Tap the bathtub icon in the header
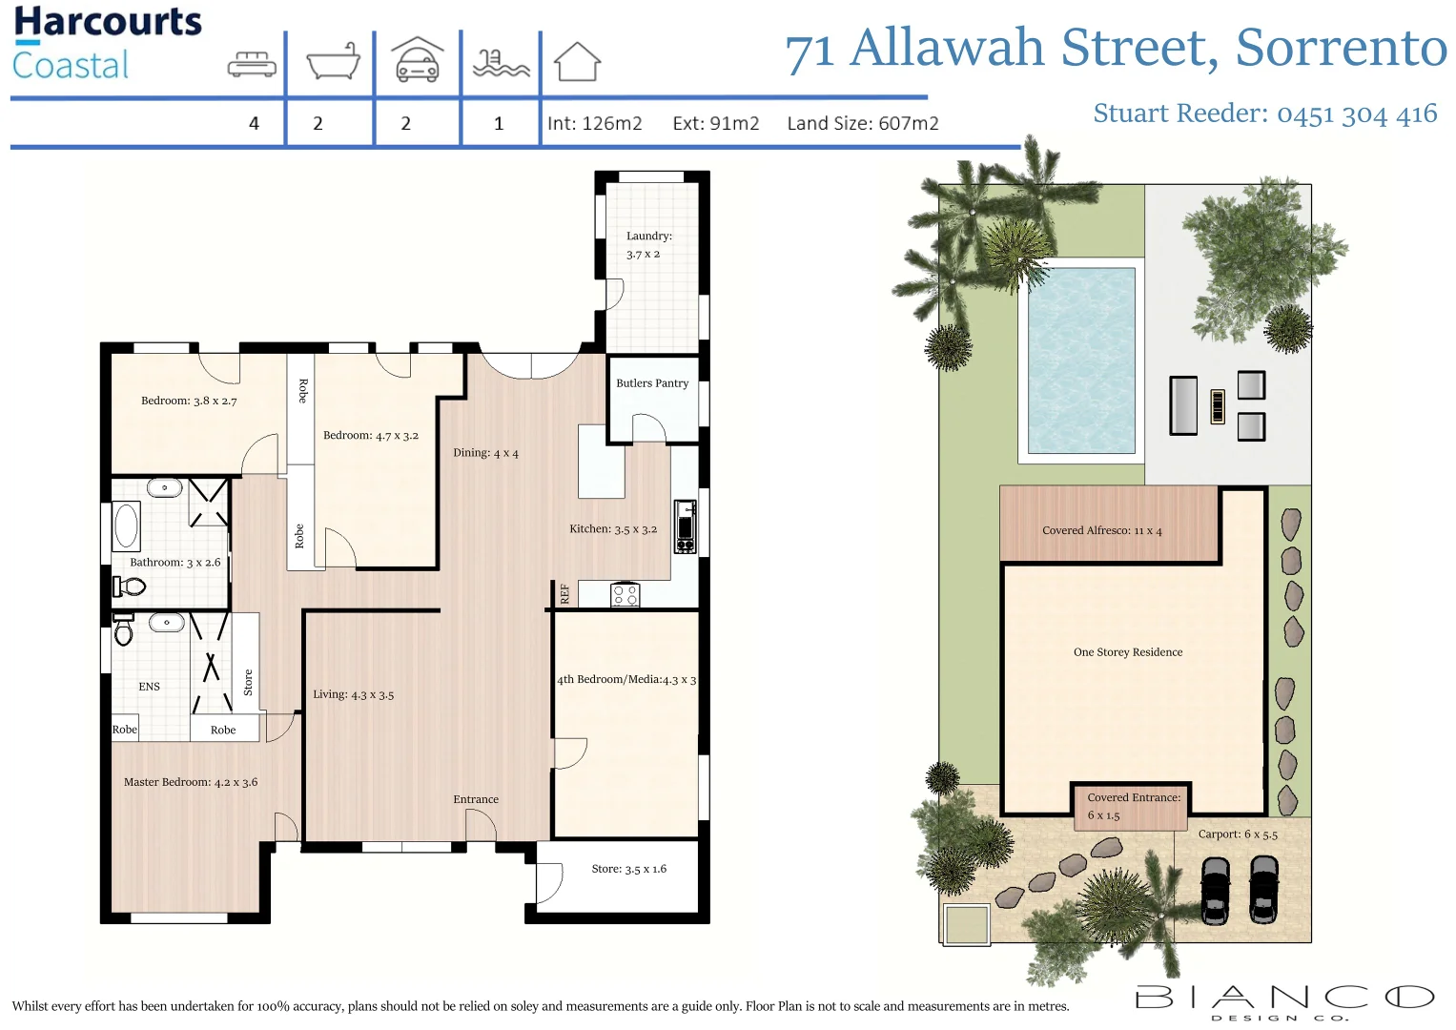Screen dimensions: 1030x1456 [333, 62]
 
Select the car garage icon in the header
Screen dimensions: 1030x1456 [418, 60]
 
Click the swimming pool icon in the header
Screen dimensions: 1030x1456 [501, 63]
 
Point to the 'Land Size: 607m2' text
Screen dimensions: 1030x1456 [862, 123]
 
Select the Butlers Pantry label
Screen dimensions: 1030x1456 [652, 383]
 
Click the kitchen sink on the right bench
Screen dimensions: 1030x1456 [685, 526]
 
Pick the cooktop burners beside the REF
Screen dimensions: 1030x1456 [625, 596]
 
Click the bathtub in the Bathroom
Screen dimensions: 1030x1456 [126, 525]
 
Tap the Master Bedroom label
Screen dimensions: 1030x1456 [191, 782]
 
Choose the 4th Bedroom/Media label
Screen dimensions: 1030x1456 [626, 679]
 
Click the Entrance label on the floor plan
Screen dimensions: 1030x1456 [476, 799]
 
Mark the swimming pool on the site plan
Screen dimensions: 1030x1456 [1080, 360]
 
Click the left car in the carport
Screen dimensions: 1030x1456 [1215, 890]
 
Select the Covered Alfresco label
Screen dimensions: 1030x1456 [1101, 530]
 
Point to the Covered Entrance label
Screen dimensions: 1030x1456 [1133, 806]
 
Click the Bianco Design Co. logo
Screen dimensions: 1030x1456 [1284, 1000]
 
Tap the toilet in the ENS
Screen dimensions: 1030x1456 [123, 630]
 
